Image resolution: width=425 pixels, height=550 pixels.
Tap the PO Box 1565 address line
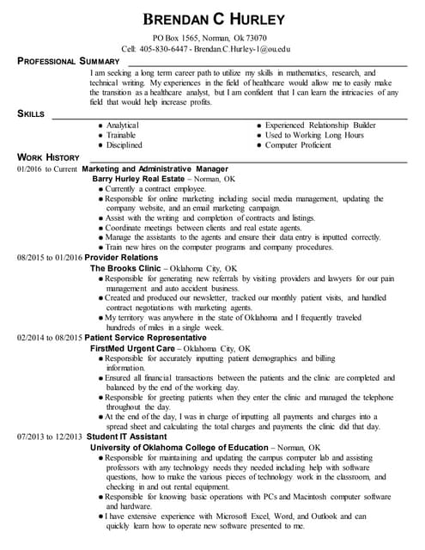[x=209, y=39]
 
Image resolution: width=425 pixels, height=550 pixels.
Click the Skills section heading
[x=33, y=113]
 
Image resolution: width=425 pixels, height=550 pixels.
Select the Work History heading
[x=48, y=158]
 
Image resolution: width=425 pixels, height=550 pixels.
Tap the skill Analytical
[x=123, y=125]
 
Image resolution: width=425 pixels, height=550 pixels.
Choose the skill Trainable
[x=121, y=136]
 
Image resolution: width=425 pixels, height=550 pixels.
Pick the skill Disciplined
[x=124, y=146]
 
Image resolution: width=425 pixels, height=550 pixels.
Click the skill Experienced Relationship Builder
[x=320, y=125]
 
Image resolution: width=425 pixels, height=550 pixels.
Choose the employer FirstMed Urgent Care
[x=135, y=350]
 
